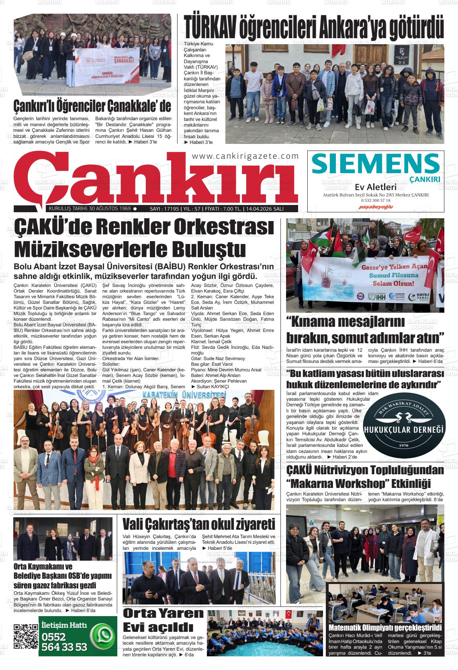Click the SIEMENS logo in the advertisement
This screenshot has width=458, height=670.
tap(375, 164)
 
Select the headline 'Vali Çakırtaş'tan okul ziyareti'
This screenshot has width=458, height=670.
tap(198, 525)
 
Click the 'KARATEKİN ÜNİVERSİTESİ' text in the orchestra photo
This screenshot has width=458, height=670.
tap(183, 395)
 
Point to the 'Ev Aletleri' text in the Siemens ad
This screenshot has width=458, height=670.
tap(375, 187)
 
